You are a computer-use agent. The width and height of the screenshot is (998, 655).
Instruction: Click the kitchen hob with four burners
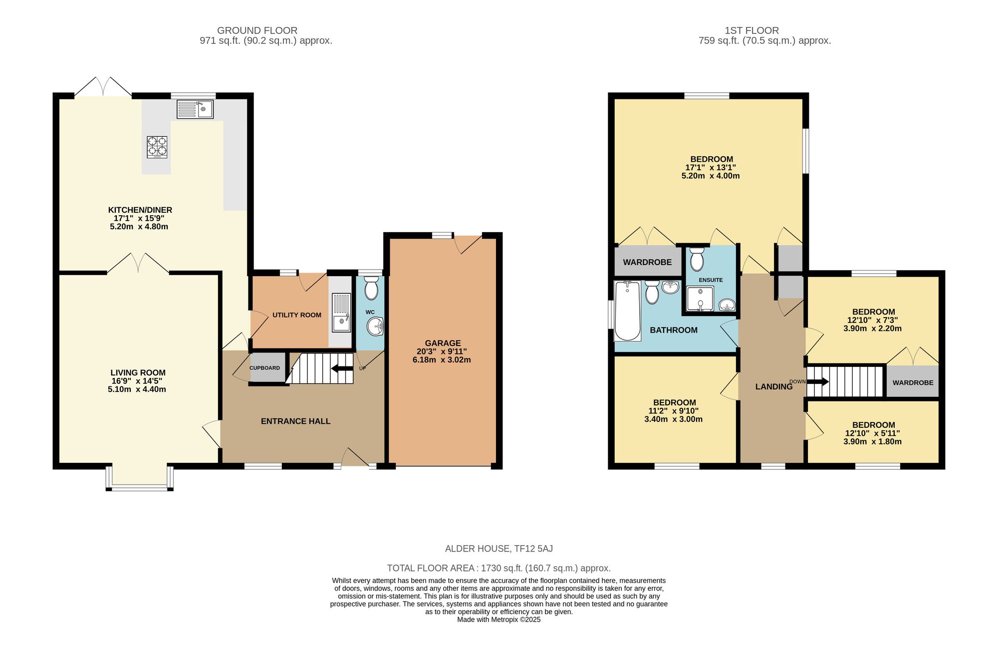click(157, 147)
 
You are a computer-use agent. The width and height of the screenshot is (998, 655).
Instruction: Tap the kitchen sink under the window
click(195, 109)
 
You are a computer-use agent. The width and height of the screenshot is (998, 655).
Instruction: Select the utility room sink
click(341, 313)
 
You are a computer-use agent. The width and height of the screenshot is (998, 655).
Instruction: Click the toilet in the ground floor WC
click(371, 289)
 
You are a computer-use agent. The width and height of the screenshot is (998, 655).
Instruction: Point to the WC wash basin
click(375, 327)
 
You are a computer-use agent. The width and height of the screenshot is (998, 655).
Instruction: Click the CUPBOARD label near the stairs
click(264, 368)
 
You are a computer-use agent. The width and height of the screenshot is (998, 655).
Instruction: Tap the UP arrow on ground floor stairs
click(342, 368)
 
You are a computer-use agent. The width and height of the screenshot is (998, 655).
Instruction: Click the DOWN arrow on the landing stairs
click(817, 382)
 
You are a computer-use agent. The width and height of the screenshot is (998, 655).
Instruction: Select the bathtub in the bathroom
click(627, 311)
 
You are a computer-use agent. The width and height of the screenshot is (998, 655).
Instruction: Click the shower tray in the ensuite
click(700, 299)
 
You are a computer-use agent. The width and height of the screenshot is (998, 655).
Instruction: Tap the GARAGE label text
click(443, 343)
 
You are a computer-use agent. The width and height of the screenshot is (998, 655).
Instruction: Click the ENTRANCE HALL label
click(295, 421)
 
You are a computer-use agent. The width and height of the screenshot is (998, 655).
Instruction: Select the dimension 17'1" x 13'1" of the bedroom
click(710, 168)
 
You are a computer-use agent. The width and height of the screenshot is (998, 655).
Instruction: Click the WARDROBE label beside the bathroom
click(647, 262)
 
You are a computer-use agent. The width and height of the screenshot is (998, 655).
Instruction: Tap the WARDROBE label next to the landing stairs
click(913, 382)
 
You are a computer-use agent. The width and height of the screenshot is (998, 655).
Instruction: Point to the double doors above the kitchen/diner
click(103, 87)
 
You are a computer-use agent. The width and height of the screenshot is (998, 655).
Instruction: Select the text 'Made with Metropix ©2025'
click(499, 620)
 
